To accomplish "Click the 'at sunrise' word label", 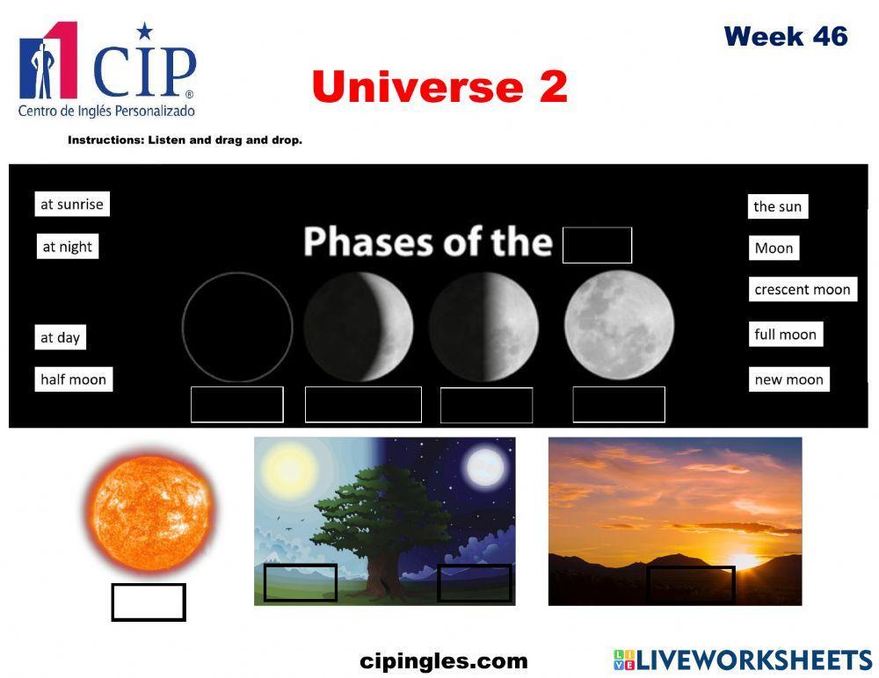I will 72,205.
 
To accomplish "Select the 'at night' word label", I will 68,247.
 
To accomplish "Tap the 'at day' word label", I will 60,337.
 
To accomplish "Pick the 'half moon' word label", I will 73,379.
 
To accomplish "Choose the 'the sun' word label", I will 777,206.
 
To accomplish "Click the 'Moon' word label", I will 774,248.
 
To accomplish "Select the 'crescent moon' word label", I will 802,290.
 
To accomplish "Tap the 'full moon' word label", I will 785,335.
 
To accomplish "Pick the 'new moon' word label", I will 788,379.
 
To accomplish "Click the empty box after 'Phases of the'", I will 597,245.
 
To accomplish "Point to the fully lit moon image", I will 619,325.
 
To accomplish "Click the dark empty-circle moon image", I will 237,327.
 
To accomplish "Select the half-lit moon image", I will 483,327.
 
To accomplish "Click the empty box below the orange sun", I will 149,602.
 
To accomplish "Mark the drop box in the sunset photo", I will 690,584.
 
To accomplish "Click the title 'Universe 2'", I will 439,87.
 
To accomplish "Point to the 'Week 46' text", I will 785,37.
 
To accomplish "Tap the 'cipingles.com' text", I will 444,661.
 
